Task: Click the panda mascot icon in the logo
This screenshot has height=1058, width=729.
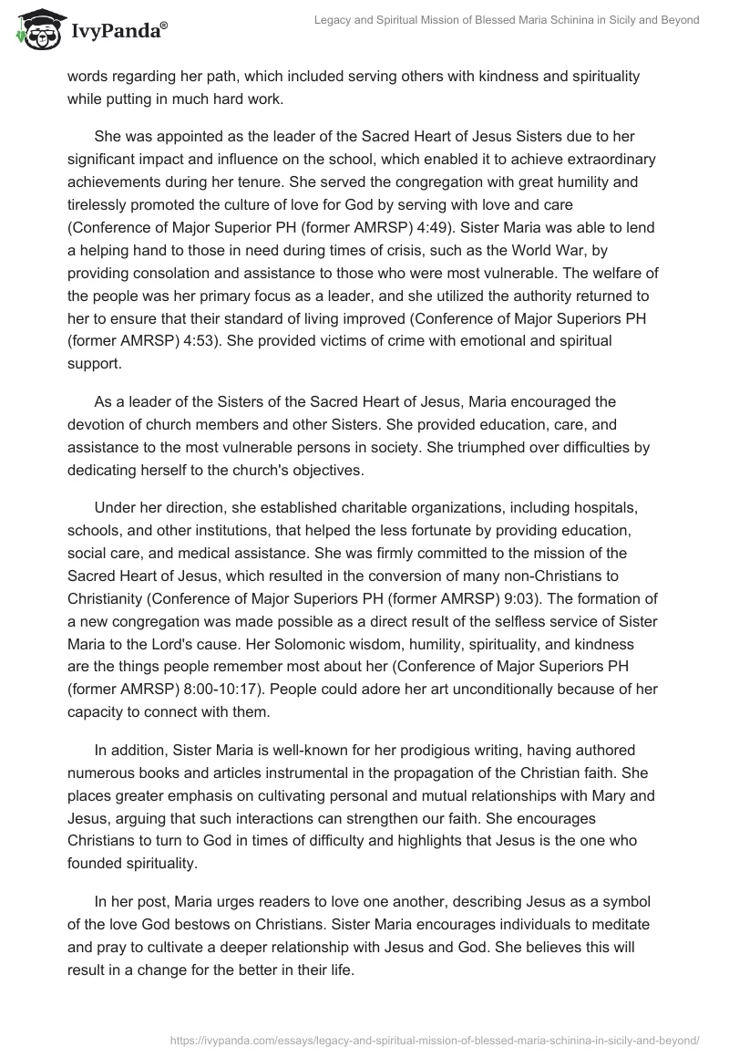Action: pos(36,32)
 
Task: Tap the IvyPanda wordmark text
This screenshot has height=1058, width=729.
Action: pos(117,32)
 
